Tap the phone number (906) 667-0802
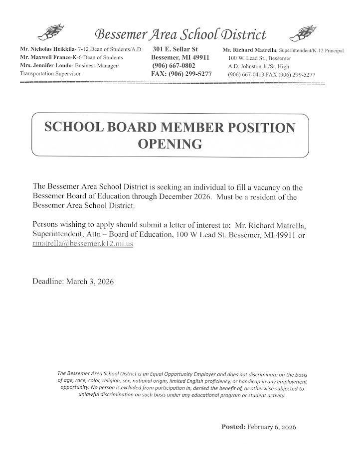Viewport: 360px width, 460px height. coord(174,66)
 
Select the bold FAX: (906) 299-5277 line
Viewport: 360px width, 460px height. coord(181,74)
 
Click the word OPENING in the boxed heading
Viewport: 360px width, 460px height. coord(170,144)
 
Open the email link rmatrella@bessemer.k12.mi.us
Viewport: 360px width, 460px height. coord(82,244)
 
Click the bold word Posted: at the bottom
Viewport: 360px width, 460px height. coord(233,427)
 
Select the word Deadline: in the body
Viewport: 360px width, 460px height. coord(48,282)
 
